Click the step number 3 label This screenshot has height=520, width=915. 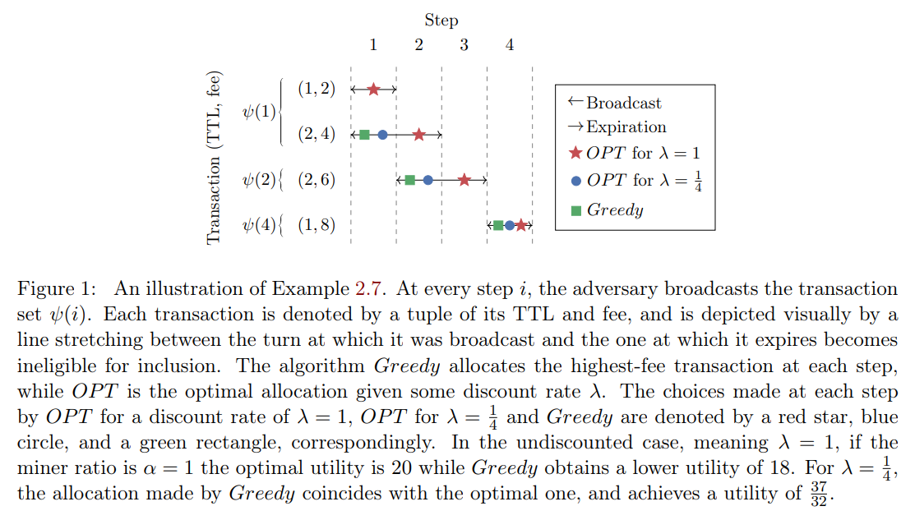pos(464,45)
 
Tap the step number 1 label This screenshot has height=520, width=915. pos(373,45)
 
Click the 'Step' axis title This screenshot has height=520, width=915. pos(441,21)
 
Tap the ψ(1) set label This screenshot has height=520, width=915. pos(260,112)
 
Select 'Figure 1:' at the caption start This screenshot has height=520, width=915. pos(56,289)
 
